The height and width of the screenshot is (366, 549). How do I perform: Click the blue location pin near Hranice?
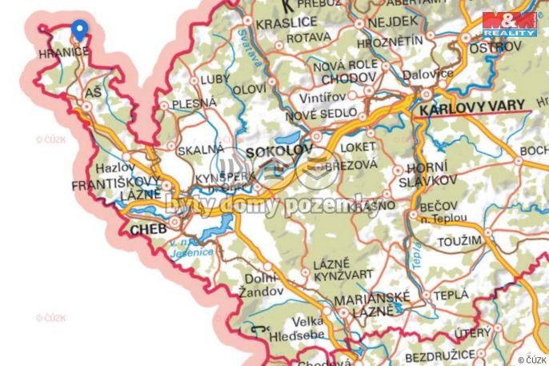[78, 30]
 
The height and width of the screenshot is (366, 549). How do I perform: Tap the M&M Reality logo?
[509, 24]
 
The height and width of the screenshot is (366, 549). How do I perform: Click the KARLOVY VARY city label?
[475, 104]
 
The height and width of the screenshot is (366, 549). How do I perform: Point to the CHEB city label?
[147, 228]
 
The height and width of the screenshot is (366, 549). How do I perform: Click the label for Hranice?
[63, 52]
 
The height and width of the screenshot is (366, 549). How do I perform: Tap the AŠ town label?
[93, 94]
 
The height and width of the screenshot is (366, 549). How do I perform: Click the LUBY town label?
[214, 80]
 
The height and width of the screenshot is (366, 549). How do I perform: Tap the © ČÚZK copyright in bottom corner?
[531, 360]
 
